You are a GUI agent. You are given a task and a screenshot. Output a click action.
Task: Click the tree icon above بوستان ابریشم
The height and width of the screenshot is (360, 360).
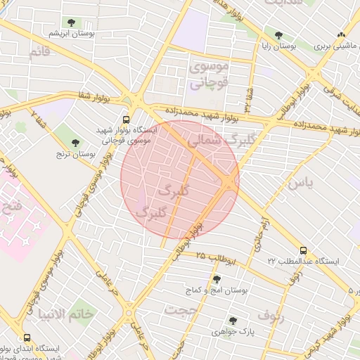pos(72,22)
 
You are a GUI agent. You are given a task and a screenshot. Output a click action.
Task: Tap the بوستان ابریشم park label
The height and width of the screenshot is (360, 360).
pos(72,33)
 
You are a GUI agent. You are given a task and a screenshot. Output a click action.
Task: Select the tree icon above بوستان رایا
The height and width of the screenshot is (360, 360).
pos(279,34)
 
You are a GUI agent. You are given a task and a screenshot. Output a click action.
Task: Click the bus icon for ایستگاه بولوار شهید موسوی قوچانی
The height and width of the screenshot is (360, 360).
pos(126,120)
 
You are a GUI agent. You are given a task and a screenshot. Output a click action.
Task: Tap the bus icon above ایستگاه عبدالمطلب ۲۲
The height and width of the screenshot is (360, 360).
pos(303,250)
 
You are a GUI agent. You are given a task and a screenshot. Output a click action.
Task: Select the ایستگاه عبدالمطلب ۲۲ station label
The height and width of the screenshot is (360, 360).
pos(303,261)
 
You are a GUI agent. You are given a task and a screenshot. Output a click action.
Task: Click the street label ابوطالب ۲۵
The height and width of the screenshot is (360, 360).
pos(214,258)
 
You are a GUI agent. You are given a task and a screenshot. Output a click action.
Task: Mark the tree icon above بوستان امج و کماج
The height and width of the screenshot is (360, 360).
pos(217,279)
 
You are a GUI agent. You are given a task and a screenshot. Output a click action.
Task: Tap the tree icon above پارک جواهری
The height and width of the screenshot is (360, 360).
pos(233,321)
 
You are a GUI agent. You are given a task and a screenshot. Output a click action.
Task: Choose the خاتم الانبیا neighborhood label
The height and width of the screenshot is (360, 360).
pos(87,314)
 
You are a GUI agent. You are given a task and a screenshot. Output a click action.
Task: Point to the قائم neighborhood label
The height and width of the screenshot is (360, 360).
pos(40,51)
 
